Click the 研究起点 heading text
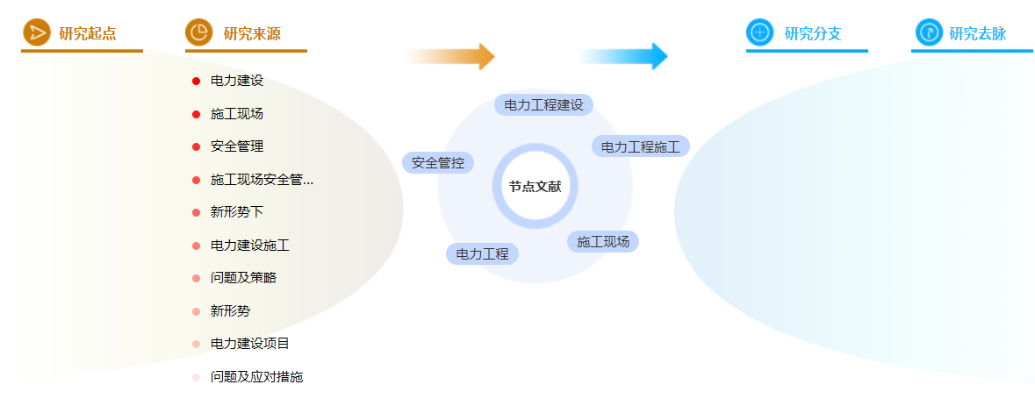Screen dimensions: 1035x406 [88, 33]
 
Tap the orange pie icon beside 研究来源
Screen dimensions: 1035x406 [198, 32]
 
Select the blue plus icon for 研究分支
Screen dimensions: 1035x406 [759, 32]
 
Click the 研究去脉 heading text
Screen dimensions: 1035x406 [978, 33]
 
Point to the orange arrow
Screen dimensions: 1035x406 [449, 57]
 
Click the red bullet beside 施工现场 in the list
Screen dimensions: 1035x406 [196, 114]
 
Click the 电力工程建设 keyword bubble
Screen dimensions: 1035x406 [544, 105]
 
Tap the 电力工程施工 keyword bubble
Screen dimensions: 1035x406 [641, 146]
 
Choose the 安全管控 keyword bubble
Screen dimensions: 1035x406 [438, 163]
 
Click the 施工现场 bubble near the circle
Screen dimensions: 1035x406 [603, 242]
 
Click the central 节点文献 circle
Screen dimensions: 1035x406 [535, 187]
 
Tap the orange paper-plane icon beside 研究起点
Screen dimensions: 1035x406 [36, 32]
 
